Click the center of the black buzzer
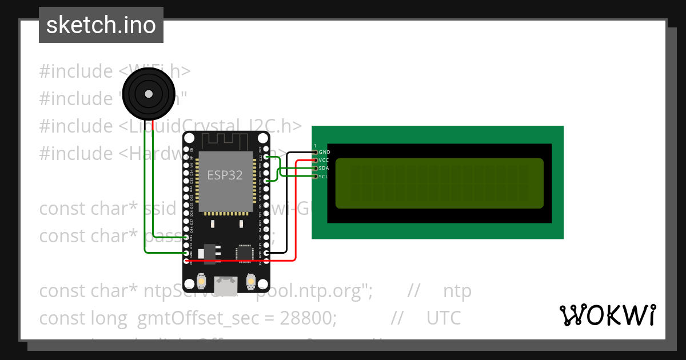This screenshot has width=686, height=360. click(x=149, y=93)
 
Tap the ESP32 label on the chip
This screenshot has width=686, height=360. click(x=225, y=175)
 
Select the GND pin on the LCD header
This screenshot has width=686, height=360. click(x=316, y=152)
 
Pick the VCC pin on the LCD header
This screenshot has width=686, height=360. click(x=316, y=160)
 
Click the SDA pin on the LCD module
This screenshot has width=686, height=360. click(x=316, y=168)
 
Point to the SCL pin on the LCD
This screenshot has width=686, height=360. click(x=316, y=176)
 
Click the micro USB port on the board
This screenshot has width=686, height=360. click(x=226, y=286)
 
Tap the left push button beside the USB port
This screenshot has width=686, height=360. click(x=201, y=282)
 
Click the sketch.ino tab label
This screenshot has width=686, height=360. click(x=101, y=25)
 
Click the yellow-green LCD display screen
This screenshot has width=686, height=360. click(x=439, y=183)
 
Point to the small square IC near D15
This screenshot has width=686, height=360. click(x=245, y=253)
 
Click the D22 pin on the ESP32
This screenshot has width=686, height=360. click(x=266, y=157)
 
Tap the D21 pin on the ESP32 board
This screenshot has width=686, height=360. click(x=266, y=181)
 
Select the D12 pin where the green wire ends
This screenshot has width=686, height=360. click(x=186, y=237)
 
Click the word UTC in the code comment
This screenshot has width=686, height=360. click(x=444, y=318)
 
